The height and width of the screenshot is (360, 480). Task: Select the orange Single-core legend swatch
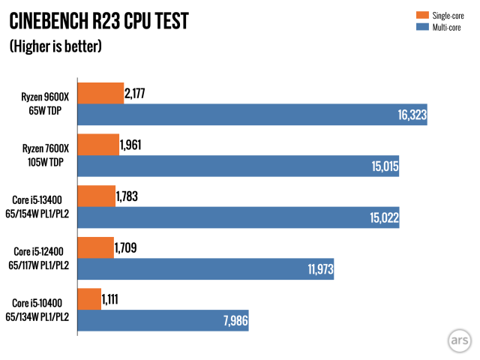pos(418,14)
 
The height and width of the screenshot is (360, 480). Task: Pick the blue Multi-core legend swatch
pos(418,27)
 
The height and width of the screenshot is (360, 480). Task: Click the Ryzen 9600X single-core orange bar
pos(100,93)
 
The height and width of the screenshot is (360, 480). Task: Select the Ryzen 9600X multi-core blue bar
pos(252,115)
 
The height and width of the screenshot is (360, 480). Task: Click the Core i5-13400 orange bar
pos(97,196)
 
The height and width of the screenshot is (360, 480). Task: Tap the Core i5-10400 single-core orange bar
pos(89,298)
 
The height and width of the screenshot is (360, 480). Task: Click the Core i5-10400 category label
pos(43,310)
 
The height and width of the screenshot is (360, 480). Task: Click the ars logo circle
pos(458,338)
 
